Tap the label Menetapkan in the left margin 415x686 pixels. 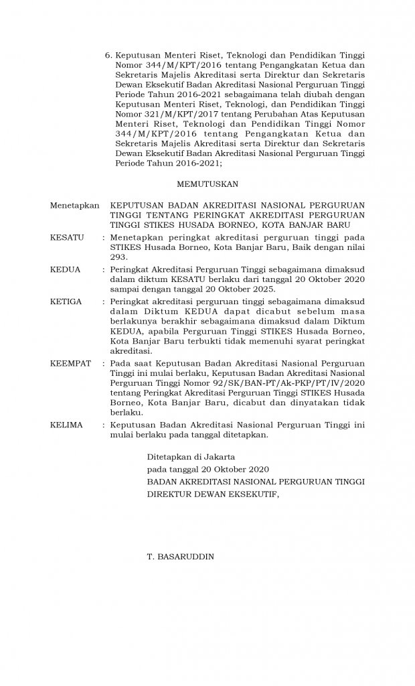click(x=75, y=205)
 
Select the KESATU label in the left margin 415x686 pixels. click(x=67, y=237)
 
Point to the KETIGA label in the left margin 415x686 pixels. click(x=66, y=301)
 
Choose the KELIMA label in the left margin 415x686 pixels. click(x=67, y=425)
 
